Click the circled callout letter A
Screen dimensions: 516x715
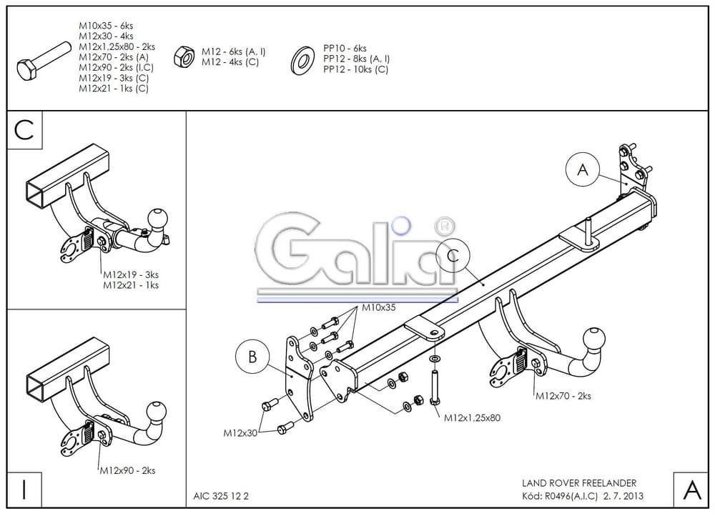click(583, 170)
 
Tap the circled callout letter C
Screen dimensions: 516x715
click(451, 254)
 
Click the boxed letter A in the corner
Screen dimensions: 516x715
click(691, 490)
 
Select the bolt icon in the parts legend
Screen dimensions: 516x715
click(43, 62)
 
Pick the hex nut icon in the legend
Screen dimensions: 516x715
click(184, 56)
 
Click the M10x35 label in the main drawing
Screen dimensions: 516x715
click(379, 307)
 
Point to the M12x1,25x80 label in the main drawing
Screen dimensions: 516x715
click(472, 418)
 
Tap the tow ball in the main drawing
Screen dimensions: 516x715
click(595, 339)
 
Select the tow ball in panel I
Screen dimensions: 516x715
click(156, 411)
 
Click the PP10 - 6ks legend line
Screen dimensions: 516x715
click(345, 49)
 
